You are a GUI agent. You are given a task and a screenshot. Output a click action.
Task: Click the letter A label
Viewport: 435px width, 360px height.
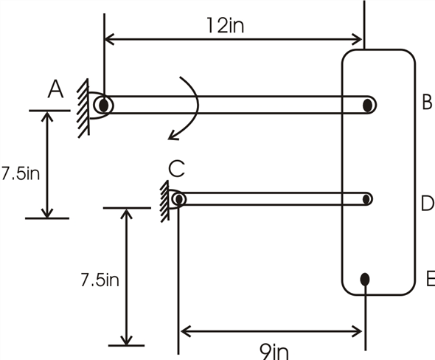tap(55, 89)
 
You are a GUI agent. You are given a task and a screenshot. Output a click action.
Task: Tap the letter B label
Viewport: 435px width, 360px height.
tap(426, 103)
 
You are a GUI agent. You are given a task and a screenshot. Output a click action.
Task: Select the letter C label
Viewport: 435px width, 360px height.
tap(175, 169)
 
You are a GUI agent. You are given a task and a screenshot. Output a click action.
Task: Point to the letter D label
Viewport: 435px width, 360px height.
tap(427, 204)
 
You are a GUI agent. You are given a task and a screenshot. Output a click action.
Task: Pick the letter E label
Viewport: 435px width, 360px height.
tap(430, 279)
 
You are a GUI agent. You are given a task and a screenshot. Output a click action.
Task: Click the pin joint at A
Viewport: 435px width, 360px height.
tap(104, 105)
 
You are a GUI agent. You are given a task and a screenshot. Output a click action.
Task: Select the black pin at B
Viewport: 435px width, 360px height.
tap(367, 105)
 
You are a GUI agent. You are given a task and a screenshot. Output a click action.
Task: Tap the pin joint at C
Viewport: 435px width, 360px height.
tap(178, 198)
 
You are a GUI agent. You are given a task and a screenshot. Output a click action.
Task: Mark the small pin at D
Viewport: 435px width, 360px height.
tap(366, 198)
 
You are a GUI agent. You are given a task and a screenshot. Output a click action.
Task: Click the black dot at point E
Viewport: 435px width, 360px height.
tap(364, 279)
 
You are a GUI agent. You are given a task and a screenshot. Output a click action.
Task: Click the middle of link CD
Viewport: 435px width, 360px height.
tap(273, 198)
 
